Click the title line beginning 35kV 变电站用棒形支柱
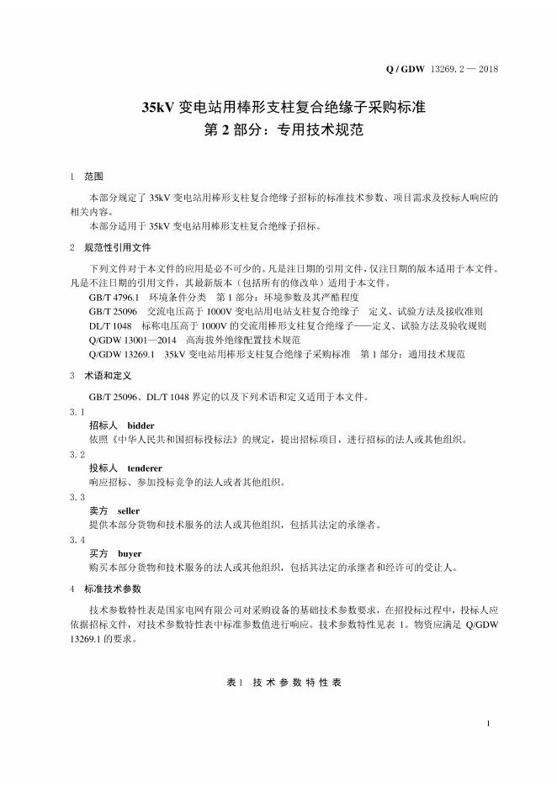(278, 108)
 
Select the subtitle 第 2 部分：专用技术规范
(278, 131)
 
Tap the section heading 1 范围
(88, 177)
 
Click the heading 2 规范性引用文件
(110, 248)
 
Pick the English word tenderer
(144, 467)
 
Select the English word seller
(129, 510)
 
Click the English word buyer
(130, 553)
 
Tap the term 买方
(98, 553)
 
